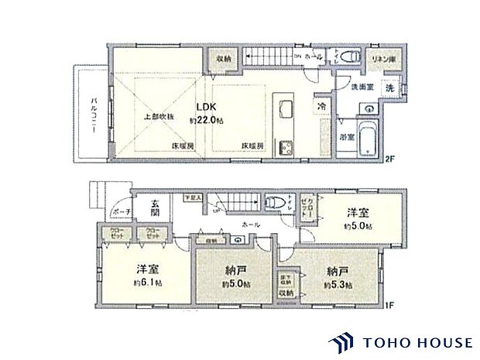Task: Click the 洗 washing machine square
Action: [x=391, y=88]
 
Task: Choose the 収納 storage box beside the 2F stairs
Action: [x=225, y=59]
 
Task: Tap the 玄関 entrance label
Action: [x=155, y=207]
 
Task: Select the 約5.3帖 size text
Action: [x=338, y=284]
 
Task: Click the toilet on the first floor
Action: [x=273, y=203]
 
